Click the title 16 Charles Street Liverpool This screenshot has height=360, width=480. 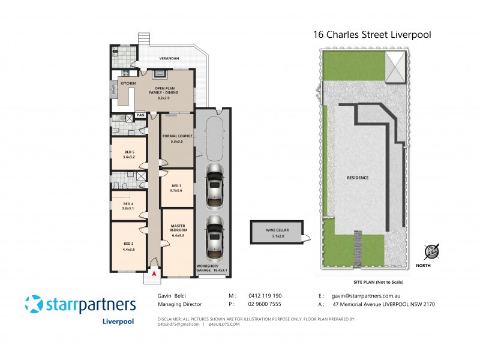(x=371, y=34)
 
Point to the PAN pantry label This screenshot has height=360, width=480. (x=140, y=115)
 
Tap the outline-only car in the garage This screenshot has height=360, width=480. (x=214, y=133)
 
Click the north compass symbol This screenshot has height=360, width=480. (x=431, y=250)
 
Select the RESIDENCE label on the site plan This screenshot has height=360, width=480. (x=358, y=178)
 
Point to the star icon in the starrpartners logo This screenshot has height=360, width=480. (x=34, y=304)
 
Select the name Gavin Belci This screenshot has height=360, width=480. (x=172, y=296)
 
